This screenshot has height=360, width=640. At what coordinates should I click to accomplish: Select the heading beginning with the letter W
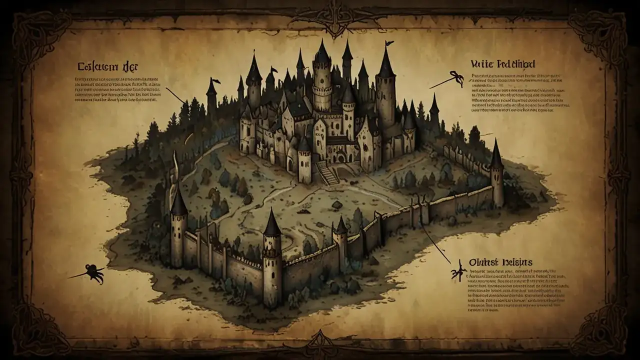tap(502, 64)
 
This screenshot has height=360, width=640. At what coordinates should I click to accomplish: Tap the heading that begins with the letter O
tap(500, 262)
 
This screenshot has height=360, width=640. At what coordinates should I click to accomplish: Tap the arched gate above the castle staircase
tap(341, 157)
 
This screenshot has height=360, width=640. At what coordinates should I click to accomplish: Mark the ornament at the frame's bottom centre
tap(320, 345)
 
